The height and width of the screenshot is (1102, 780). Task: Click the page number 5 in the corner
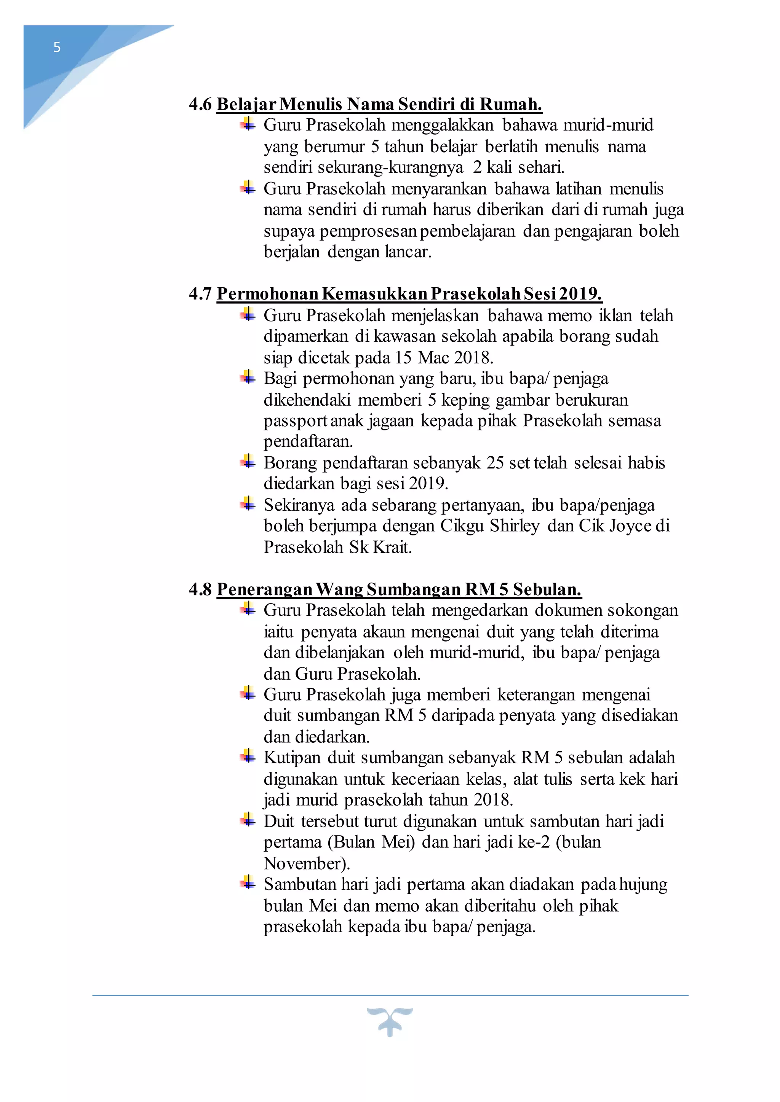coord(57,47)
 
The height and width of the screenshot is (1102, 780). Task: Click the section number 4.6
coord(200,104)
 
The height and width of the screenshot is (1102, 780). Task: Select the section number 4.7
coord(200,294)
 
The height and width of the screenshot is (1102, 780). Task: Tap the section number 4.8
coord(200,589)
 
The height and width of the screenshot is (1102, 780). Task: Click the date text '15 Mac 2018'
coord(443,358)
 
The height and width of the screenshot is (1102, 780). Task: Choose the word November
coord(306,863)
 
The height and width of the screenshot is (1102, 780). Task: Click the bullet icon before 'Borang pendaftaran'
coord(248,462)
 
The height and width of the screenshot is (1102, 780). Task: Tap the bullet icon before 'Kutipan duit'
coord(248,757)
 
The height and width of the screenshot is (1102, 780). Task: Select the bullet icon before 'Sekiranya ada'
coord(248,504)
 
